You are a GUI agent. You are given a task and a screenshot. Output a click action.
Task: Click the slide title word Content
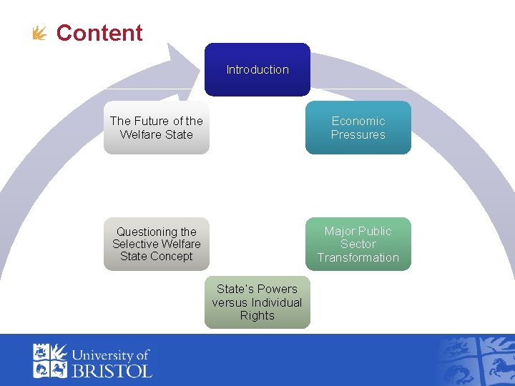(99, 33)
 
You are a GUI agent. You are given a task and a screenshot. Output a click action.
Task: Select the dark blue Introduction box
(257, 69)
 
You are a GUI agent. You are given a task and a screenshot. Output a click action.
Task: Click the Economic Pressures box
(358, 128)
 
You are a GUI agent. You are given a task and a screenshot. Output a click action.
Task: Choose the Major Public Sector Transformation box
(358, 244)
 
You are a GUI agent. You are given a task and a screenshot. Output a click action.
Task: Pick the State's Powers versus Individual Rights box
(257, 302)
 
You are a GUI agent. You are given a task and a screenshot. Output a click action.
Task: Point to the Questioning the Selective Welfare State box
(157, 244)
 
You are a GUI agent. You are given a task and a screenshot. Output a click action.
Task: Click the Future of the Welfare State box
(157, 128)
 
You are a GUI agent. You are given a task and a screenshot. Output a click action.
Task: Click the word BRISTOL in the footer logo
(112, 370)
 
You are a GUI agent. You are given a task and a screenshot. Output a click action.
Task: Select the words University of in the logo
(111, 355)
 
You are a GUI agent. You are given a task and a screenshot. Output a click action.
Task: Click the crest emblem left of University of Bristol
(50, 360)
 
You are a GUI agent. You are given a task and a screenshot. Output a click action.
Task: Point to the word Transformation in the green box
(358, 257)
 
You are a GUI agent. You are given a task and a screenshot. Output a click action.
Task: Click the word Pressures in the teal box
(358, 134)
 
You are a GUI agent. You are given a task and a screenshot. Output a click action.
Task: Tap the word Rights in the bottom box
(257, 315)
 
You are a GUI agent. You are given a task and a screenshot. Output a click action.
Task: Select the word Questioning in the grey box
(157, 232)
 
